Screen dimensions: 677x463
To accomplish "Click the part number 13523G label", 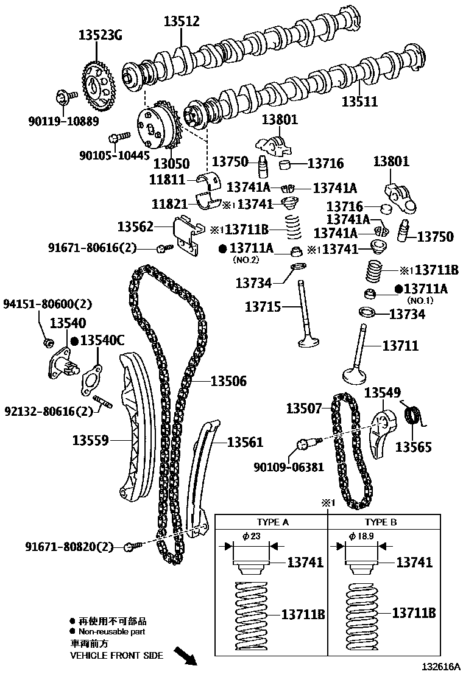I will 100,35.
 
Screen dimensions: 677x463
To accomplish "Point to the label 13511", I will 359,102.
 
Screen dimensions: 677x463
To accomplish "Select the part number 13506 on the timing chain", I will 228,382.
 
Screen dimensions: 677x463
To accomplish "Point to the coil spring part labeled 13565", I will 414,418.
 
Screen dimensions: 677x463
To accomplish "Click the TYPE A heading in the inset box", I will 272,522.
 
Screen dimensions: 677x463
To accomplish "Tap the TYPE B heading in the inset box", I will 380,522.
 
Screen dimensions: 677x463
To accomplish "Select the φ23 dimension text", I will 251,536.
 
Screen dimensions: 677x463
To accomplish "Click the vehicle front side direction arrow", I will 185,656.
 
